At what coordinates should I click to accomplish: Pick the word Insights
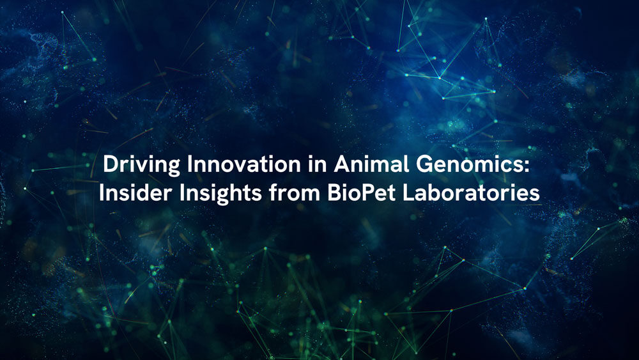(218, 193)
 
